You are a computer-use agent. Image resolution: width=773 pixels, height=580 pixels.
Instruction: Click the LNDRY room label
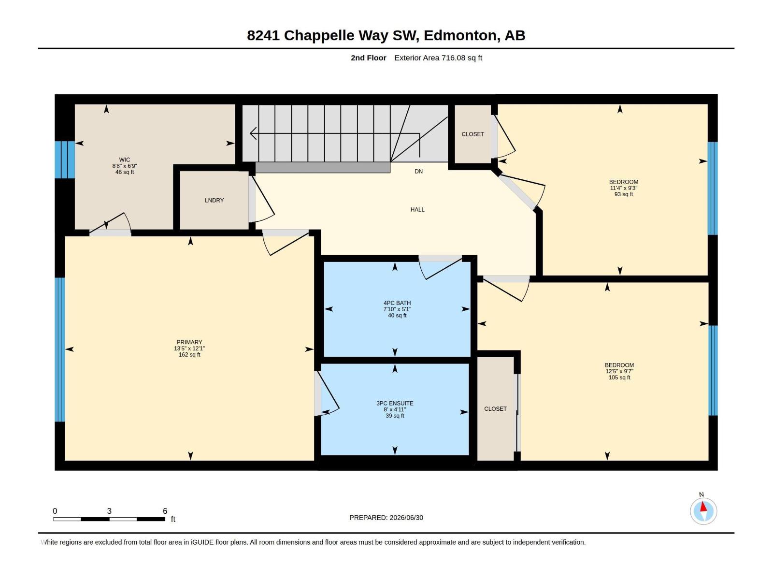(214, 201)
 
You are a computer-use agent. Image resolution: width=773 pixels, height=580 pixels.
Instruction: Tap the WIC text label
(124, 160)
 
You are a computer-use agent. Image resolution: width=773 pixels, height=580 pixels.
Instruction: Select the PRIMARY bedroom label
(189, 342)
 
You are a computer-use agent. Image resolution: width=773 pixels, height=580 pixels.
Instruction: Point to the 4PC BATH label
(397, 303)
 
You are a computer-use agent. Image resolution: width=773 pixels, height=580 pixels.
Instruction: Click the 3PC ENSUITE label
(394, 403)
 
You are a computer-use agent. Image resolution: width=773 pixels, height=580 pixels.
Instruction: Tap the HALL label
(417, 210)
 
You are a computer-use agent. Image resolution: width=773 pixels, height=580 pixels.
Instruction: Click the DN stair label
(418, 172)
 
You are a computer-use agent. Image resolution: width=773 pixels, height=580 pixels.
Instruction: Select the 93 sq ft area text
(623, 194)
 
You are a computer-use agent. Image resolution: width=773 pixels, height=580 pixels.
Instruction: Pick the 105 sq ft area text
(619, 377)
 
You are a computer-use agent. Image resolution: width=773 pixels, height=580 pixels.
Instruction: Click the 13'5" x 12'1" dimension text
(189, 348)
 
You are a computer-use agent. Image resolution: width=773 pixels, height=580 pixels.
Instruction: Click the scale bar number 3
(109, 511)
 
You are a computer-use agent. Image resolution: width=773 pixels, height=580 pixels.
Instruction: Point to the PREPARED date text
(386, 518)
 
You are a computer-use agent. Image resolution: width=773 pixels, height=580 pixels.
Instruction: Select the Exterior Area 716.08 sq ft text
(438, 58)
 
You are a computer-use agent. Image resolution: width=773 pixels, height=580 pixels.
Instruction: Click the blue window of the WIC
(65, 160)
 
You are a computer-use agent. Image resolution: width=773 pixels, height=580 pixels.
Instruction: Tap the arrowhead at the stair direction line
(253, 133)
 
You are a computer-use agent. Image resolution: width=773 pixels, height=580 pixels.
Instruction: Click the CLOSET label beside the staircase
(472, 134)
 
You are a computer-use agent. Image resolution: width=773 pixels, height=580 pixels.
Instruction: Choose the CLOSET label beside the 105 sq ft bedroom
(495, 409)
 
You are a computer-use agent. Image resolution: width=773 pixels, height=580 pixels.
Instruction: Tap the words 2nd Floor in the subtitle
(368, 58)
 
